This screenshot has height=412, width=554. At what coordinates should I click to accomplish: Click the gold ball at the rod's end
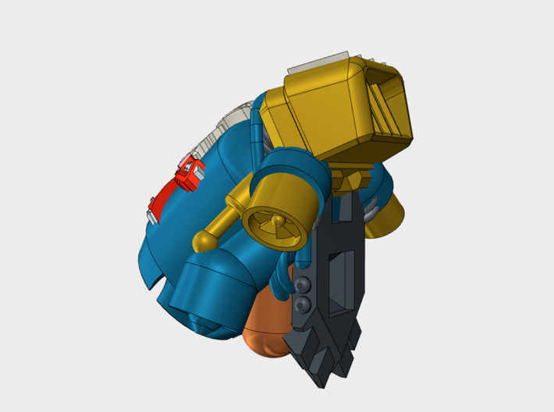(202, 239)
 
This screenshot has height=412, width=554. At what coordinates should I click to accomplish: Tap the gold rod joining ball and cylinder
(226, 218)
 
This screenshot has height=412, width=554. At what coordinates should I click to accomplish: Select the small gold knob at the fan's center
(278, 224)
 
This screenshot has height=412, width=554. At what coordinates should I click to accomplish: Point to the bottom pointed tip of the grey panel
(321, 381)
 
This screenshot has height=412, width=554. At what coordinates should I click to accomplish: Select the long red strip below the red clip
(165, 195)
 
